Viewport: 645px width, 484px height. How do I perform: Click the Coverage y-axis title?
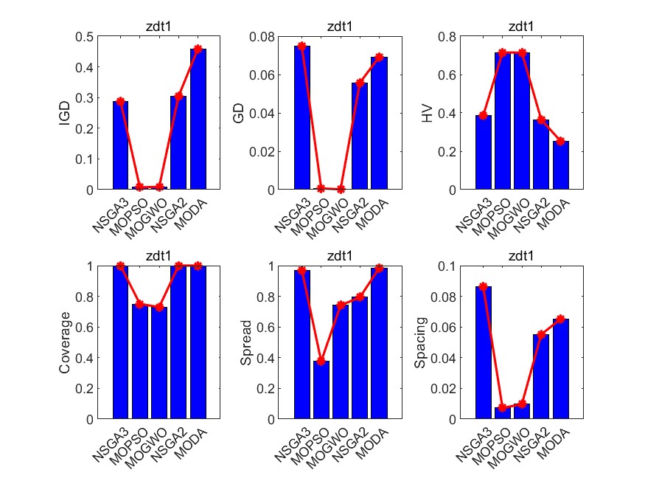65,342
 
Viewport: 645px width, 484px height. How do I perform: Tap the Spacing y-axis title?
422,342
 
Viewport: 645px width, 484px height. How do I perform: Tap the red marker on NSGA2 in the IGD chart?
178,96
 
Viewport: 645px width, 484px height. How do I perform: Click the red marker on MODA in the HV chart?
562,141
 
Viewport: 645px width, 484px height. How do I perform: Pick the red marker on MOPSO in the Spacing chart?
503,407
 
